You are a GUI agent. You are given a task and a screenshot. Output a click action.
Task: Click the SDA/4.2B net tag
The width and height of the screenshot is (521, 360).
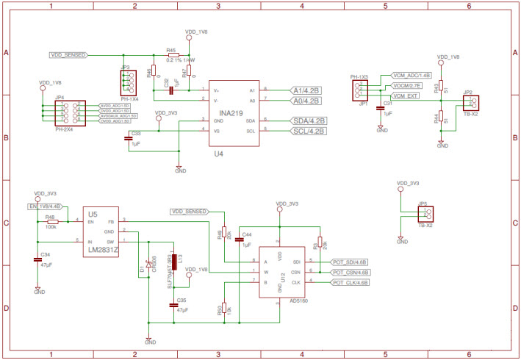click(x=309, y=120)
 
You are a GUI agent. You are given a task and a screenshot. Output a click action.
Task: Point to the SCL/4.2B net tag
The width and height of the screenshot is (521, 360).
click(x=309, y=131)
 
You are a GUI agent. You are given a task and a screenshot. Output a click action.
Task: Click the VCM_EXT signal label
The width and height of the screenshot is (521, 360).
click(x=405, y=96)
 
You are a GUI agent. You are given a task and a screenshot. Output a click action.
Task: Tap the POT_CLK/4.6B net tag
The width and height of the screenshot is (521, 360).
click(x=350, y=281)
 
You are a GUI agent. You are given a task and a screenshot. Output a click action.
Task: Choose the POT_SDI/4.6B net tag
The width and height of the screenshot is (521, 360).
click(x=350, y=261)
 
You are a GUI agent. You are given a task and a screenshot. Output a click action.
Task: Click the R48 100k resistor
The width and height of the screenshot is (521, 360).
click(x=51, y=221)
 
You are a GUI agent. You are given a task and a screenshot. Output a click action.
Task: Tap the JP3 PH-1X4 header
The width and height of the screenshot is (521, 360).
click(x=126, y=80)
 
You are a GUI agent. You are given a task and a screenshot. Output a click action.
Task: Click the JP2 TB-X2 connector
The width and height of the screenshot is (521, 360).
click(x=470, y=102)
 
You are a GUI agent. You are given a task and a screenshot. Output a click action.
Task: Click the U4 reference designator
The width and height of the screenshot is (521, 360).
click(x=218, y=154)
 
